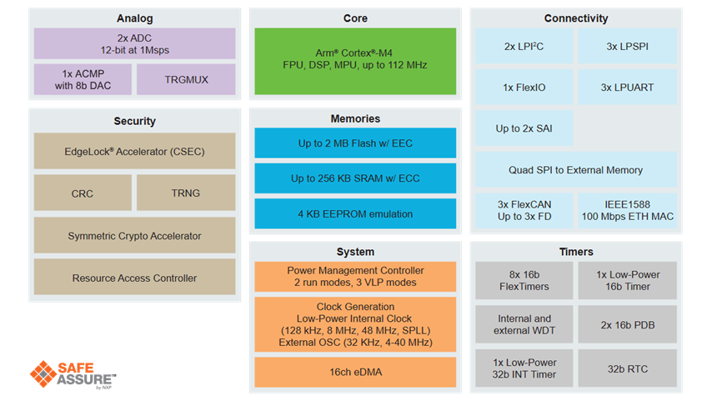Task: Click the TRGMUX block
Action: click(186, 79)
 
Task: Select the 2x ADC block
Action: click(134, 43)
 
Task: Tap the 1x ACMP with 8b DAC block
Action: click(82, 79)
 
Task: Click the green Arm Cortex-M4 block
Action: click(355, 58)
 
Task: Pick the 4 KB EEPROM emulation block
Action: click(355, 214)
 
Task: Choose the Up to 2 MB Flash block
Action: click(355, 143)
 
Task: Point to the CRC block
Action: click(82, 193)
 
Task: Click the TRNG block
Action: click(186, 193)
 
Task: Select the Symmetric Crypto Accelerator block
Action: click(134, 236)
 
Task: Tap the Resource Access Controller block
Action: click(134, 278)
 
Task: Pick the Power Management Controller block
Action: click(355, 276)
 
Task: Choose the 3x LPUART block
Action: click(628, 87)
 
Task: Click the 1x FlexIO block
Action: click(524, 87)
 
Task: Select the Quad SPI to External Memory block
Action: click(575, 170)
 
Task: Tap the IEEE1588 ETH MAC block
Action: click(628, 210)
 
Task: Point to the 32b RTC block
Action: click(628, 368)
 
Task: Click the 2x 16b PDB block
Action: click(628, 324)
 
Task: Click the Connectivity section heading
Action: click(575, 18)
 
